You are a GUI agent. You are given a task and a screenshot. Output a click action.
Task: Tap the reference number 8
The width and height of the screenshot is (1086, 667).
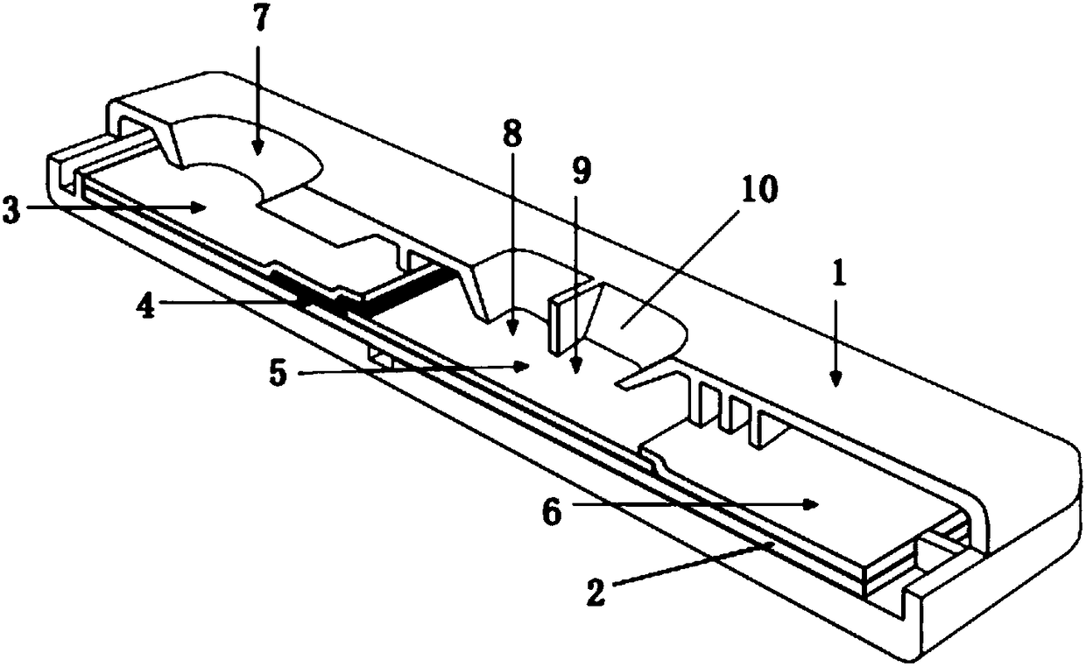tap(512, 135)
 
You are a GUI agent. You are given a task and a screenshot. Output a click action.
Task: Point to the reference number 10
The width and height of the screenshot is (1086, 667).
tap(758, 189)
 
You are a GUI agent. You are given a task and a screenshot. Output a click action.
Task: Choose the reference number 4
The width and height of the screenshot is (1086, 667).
tap(147, 309)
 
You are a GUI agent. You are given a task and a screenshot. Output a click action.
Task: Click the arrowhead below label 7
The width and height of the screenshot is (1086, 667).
tap(257, 149)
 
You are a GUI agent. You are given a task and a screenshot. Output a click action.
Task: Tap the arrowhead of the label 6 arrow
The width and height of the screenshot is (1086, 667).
tap(814, 503)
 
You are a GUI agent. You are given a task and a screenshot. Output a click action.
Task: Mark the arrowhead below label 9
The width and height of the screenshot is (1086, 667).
tap(575, 368)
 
